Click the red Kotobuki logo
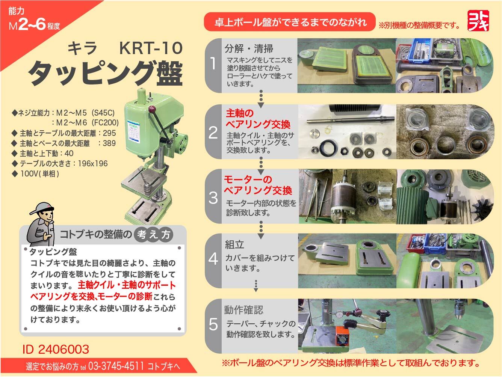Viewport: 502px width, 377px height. click(478, 21)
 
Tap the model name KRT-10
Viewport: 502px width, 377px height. click(151, 48)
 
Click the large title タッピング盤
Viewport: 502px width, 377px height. click(106, 74)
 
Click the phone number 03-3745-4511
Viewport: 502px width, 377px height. click(116, 366)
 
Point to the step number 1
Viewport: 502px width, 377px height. click(213, 63)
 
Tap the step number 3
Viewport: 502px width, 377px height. click(213, 198)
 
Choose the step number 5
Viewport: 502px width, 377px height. click(213, 324)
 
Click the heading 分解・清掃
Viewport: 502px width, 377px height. click(249, 48)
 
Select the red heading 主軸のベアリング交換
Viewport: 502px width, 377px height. click(258, 119)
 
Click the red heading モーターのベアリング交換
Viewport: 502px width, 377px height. click(258, 185)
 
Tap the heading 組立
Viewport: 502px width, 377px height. click(234, 244)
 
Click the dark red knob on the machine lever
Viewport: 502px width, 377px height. click(152, 109)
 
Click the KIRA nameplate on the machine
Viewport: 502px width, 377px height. click(133, 132)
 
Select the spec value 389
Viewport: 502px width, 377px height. click(109, 143)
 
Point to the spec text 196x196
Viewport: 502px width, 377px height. click(93, 164)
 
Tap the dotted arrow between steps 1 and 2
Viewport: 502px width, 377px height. click(261, 99)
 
